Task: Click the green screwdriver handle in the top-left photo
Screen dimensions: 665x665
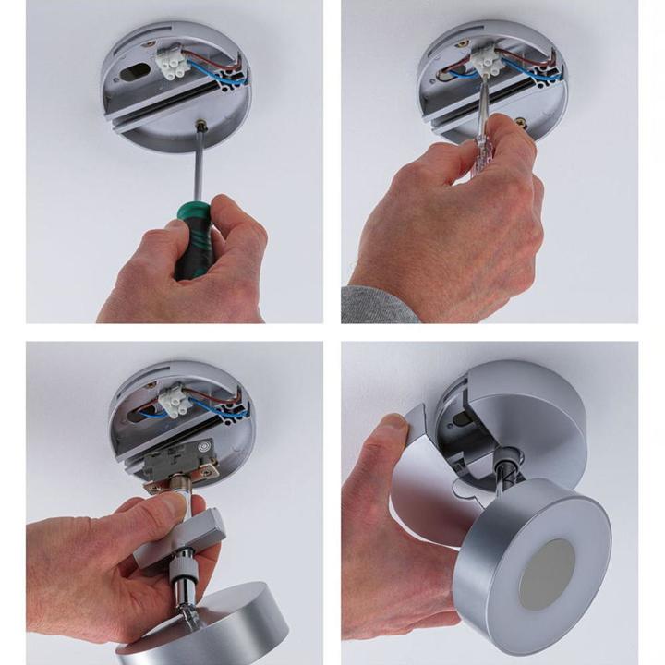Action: click(x=195, y=236)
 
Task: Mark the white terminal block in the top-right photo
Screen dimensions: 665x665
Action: click(x=485, y=63)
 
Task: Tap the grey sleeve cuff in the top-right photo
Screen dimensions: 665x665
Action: click(x=374, y=306)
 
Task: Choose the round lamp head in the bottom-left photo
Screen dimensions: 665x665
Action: click(x=208, y=628)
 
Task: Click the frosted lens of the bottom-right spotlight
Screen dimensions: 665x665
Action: click(x=548, y=574)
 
